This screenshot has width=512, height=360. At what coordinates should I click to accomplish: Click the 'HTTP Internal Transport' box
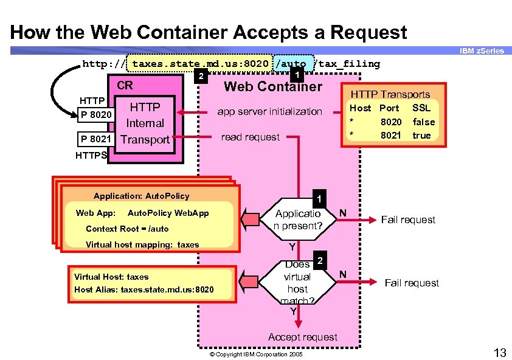point(145,123)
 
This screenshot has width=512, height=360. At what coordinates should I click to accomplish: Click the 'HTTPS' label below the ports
point(91,156)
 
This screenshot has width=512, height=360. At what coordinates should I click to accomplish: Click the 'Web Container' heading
point(272,86)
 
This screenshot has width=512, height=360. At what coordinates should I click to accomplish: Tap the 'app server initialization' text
point(270,111)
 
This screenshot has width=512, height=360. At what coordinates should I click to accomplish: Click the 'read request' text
point(250,137)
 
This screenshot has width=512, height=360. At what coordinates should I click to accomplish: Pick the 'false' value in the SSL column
point(423,122)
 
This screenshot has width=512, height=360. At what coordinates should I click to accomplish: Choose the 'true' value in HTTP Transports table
point(421,135)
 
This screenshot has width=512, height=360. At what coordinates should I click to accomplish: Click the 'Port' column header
point(389,108)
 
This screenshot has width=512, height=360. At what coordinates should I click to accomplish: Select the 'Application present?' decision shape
point(297,220)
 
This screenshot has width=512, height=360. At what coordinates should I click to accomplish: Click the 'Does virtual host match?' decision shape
point(297,282)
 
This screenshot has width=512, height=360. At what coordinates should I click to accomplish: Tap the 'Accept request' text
point(302,337)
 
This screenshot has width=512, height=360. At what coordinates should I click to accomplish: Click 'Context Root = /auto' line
point(127,229)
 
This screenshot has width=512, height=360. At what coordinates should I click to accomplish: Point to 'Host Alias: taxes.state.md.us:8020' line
point(144,289)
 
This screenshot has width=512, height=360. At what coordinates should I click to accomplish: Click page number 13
point(500,352)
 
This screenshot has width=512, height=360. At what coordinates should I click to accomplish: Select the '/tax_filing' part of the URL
point(349,64)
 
